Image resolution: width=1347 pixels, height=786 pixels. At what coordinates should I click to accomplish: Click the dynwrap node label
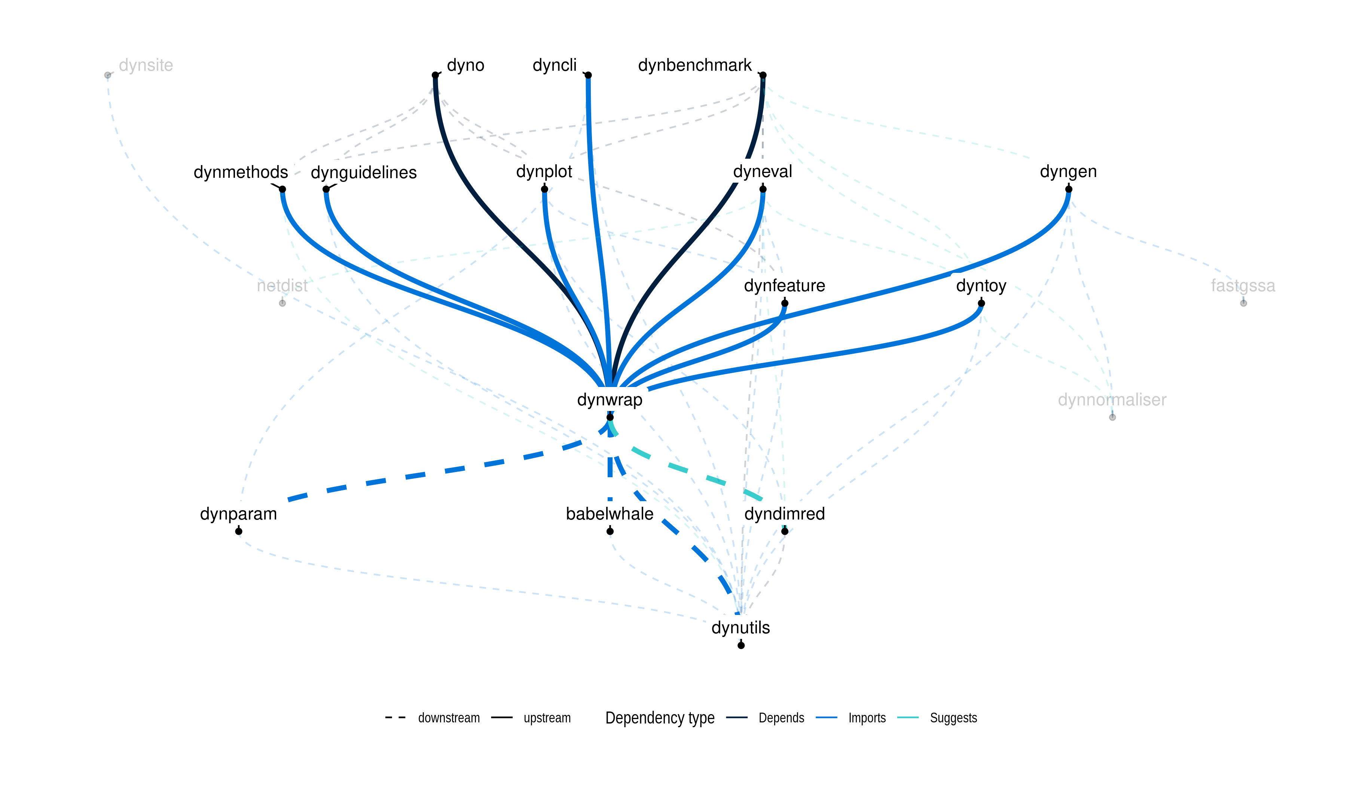(610, 399)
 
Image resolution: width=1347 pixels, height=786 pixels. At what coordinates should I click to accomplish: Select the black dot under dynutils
(741, 645)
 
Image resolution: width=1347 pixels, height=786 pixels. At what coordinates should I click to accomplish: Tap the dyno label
(465, 65)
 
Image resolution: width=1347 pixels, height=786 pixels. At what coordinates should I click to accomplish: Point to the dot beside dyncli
(588, 75)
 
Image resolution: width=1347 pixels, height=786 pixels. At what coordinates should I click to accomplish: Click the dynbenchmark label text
(694, 65)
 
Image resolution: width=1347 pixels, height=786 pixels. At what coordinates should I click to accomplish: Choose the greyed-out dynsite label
(146, 65)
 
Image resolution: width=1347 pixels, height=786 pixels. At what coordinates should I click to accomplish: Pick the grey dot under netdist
(282, 303)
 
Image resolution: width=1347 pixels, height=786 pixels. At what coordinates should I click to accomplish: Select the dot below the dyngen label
(1069, 189)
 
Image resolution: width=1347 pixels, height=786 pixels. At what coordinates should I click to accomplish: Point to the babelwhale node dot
(610, 531)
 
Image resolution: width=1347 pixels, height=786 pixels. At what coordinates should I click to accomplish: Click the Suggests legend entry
(953, 718)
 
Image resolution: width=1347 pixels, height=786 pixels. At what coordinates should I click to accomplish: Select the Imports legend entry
(867, 718)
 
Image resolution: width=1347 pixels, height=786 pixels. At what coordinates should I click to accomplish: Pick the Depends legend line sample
(737, 718)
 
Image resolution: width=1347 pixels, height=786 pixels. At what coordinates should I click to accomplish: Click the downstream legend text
(449, 718)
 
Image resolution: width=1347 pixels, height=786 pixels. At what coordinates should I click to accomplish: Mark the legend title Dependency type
(660, 718)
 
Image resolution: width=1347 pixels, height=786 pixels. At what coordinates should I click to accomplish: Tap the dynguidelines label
(363, 172)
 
